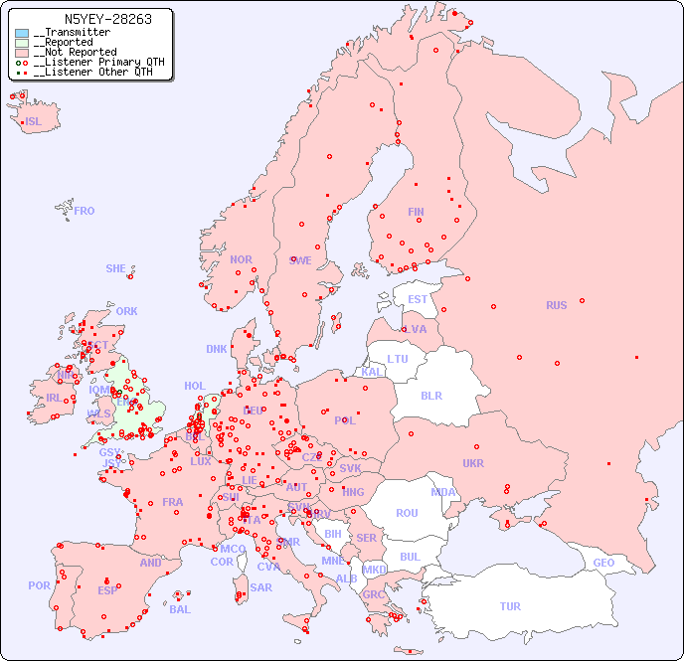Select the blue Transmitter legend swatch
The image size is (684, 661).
click(x=22, y=33)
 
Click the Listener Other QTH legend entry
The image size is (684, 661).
click(x=92, y=72)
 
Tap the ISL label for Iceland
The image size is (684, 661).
click(x=34, y=122)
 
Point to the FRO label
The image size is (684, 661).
click(x=85, y=211)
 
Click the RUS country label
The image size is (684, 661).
click(x=556, y=305)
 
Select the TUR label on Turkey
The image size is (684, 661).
click(x=510, y=606)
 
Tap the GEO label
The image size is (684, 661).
click(x=603, y=563)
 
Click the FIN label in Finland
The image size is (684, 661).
click(x=416, y=212)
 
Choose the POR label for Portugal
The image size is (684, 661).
click(x=39, y=585)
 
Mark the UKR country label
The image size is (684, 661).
click(x=473, y=463)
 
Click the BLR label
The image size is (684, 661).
click(x=430, y=395)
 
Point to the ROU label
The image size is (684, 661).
click(x=407, y=513)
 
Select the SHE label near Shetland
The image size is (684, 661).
click(x=116, y=268)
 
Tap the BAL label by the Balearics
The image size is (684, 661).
click(x=180, y=609)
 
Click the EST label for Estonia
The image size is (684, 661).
click(x=418, y=299)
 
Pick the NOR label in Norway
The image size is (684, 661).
click(x=241, y=259)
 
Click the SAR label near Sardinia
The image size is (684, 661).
click(x=261, y=587)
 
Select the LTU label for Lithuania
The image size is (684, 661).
click(x=398, y=359)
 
